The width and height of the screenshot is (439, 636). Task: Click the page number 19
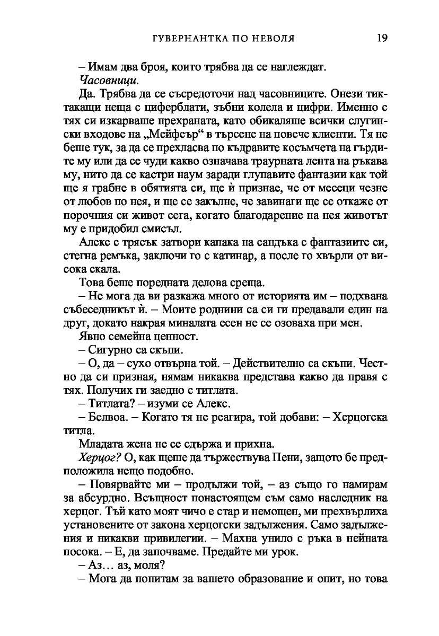tap(382, 38)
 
